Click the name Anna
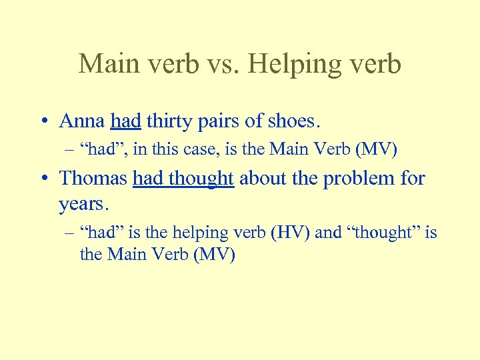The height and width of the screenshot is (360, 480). (83, 121)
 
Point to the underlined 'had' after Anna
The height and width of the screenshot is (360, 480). (125, 121)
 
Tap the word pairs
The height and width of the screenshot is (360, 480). (221, 121)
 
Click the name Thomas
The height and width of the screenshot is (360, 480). (93, 178)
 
